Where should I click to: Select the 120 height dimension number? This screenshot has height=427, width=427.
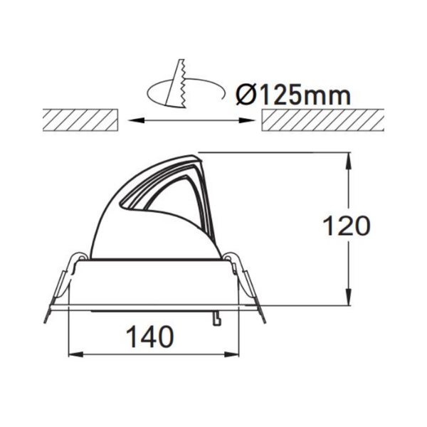tap(347, 226)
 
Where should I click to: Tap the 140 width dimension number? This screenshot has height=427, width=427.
tap(150, 337)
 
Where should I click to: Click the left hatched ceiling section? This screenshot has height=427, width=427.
tap(80, 120)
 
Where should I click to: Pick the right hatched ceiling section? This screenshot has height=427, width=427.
tap(323, 120)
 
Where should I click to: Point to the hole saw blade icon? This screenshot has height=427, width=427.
tap(176, 83)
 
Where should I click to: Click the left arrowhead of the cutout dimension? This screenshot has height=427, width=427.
tap(135, 120)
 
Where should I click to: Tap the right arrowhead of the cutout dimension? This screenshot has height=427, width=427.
tap(247, 120)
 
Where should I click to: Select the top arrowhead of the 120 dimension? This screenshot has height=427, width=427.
tap(348, 162)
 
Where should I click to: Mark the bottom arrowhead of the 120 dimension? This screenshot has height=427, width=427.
tap(348, 297)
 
